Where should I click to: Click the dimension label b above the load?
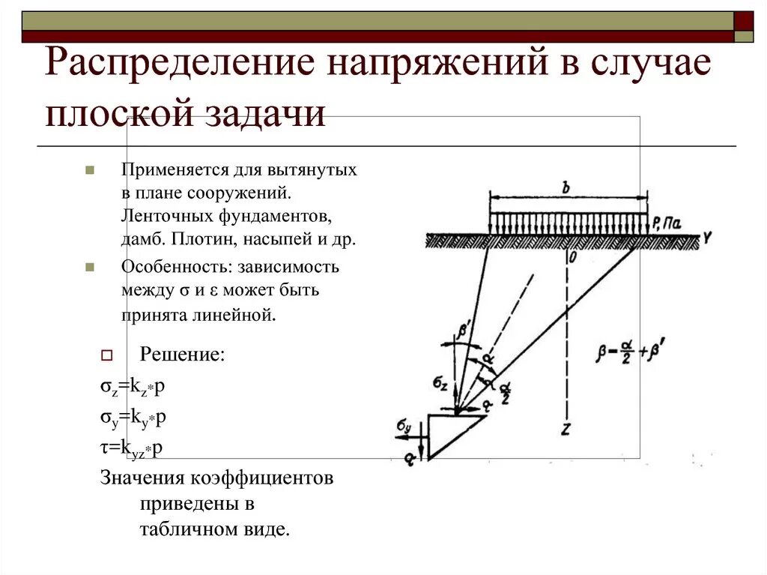[x=566, y=188]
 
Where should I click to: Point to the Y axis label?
[x=706, y=238]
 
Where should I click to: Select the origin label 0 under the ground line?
[x=572, y=258]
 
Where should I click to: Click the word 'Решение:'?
[x=182, y=354]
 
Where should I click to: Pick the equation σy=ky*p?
[x=133, y=418]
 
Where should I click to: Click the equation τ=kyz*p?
[x=131, y=448]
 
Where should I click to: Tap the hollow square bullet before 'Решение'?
[x=106, y=355]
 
